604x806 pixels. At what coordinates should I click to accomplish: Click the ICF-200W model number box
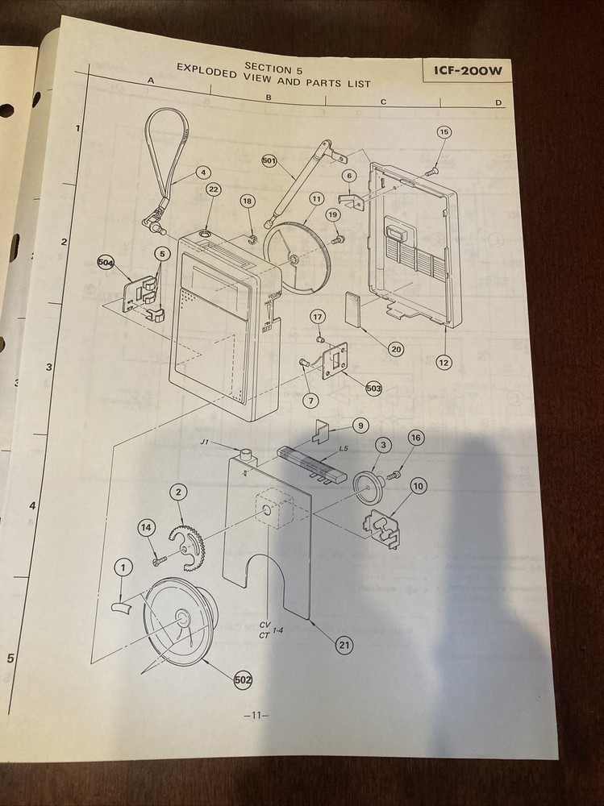(x=467, y=71)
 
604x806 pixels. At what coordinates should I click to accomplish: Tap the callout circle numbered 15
(x=444, y=131)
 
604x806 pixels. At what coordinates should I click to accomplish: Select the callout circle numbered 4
(x=203, y=172)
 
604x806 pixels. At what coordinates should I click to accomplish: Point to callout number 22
(x=213, y=189)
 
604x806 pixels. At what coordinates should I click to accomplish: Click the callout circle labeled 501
(x=269, y=161)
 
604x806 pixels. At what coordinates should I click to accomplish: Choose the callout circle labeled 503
(x=373, y=388)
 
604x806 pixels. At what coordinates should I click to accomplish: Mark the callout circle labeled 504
(x=106, y=263)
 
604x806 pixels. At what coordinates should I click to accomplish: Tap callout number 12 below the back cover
(x=444, y=362)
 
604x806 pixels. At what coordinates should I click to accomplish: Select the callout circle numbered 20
(x=396, y=349)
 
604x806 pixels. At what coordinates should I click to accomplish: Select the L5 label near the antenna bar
(x=344, y=448)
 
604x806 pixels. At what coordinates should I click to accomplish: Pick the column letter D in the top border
(x=498, y=102)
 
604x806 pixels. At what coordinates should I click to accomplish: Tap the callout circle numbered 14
(x=146, y=527)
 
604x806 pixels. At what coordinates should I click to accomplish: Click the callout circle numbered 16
(x=415, y=438)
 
